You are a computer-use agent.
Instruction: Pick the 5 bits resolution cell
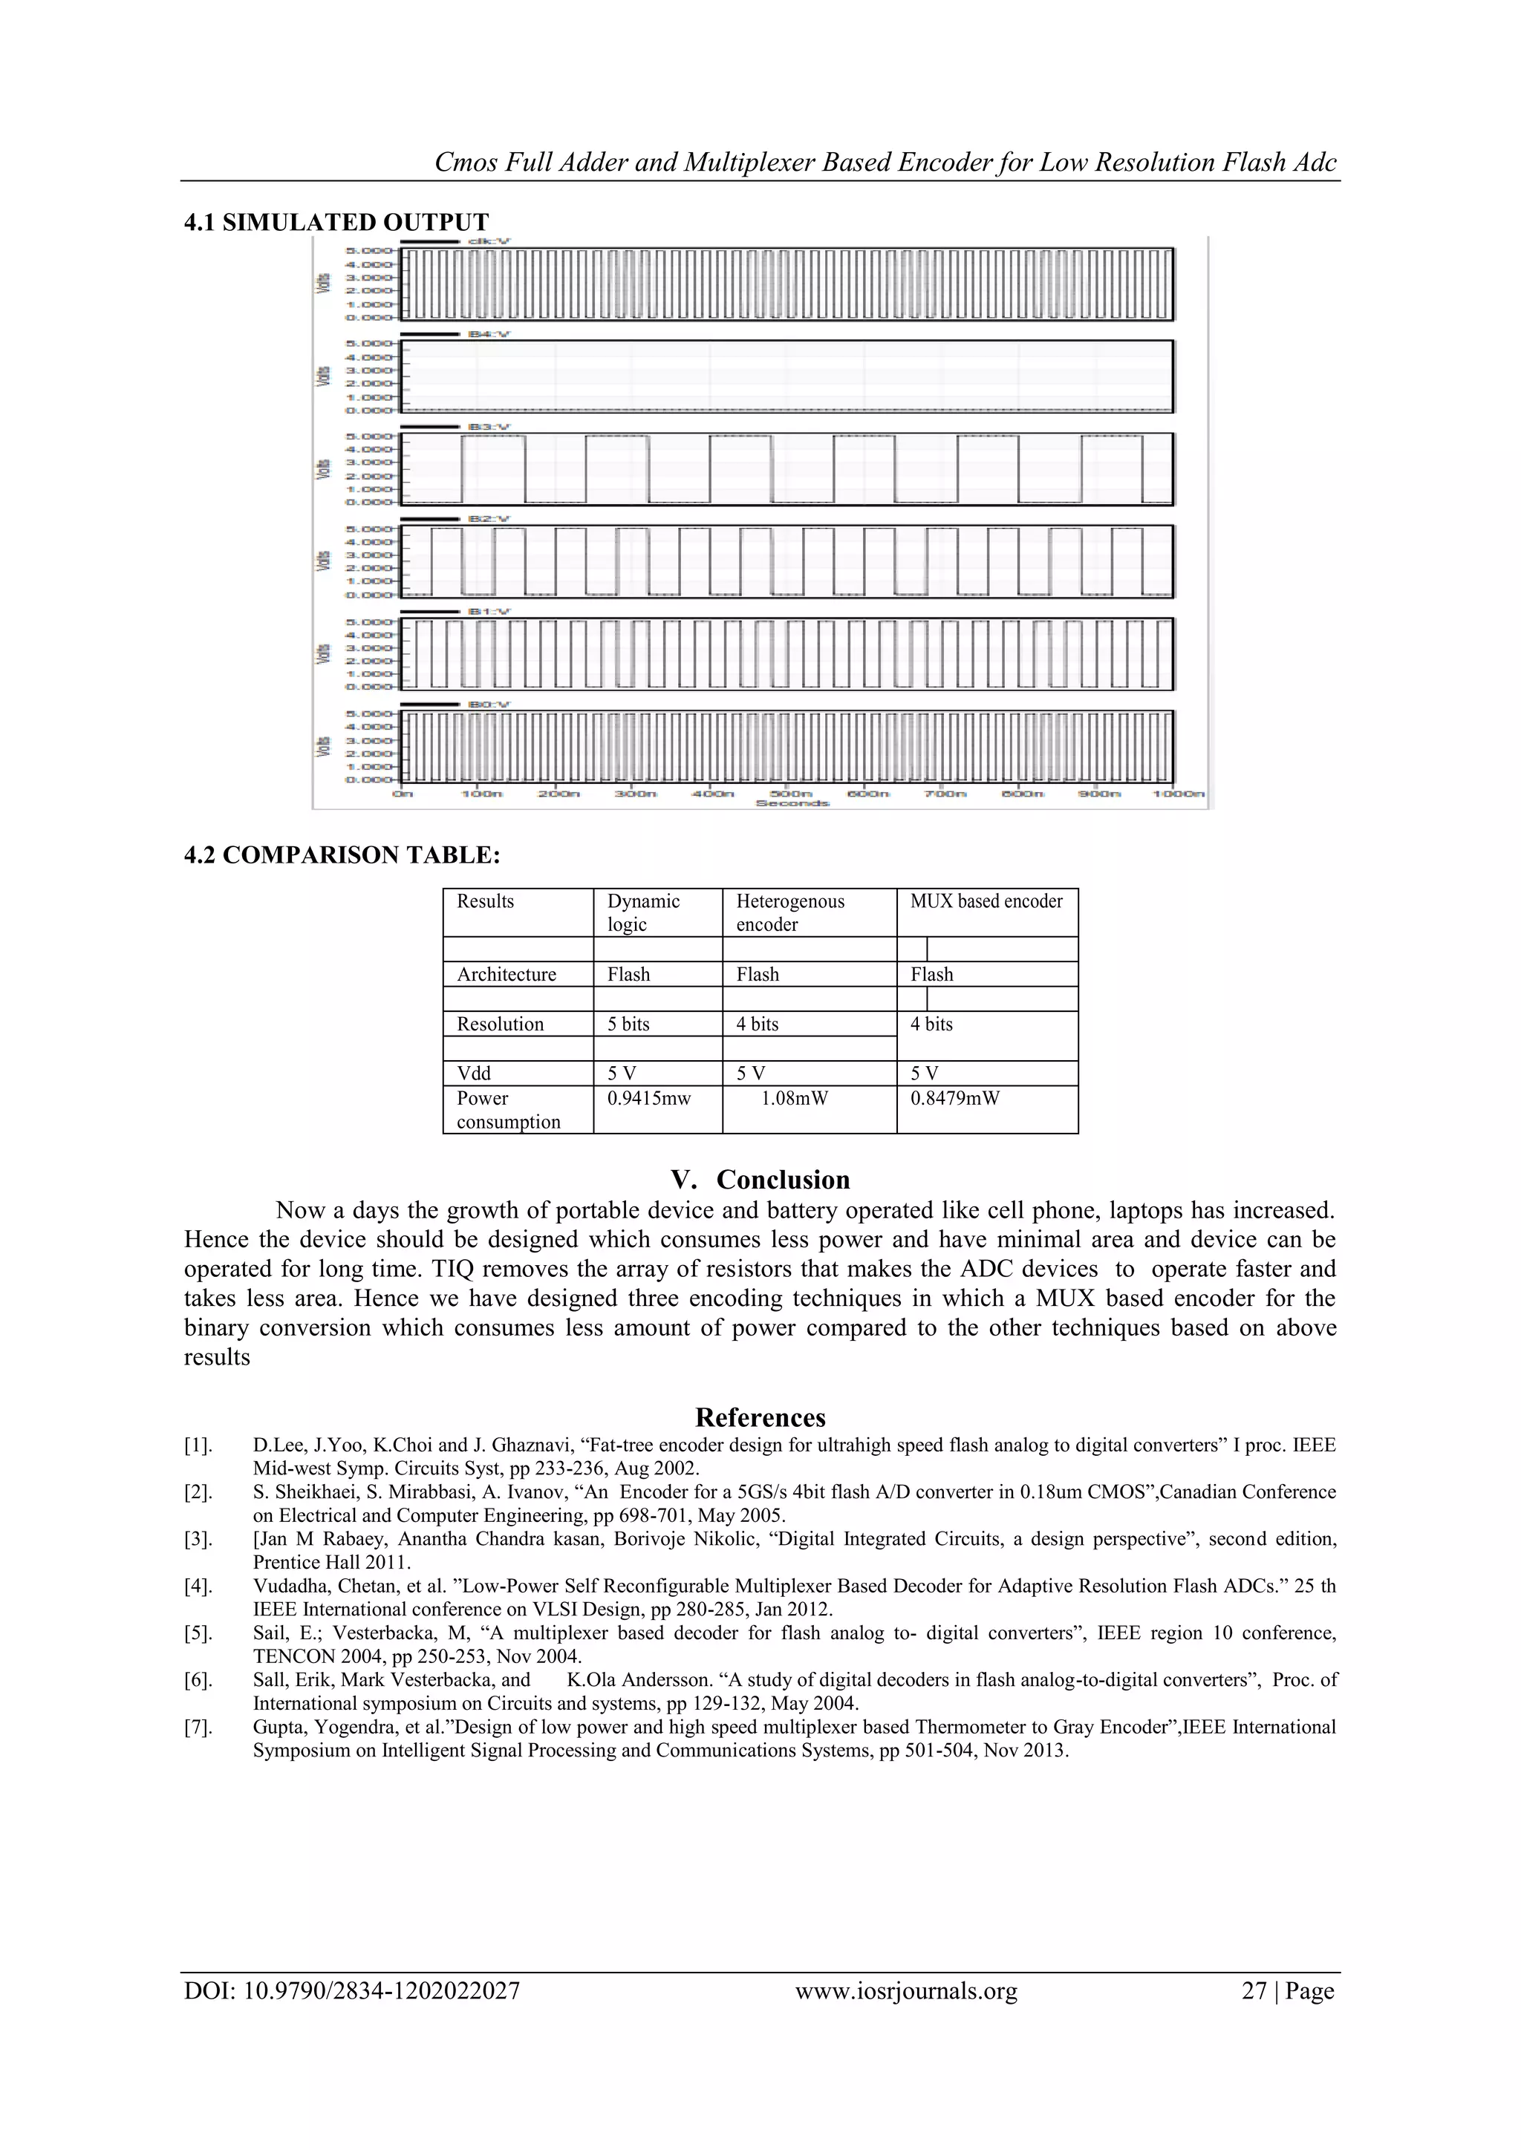tap(628, 1024)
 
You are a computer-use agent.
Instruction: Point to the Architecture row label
tap(506, 974)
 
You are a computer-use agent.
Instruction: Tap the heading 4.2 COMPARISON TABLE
tap(342, 855)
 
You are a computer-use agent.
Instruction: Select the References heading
tap(760, 1417)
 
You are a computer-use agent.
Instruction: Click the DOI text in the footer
tap(351, 1991)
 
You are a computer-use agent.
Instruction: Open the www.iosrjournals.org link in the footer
tap(905, 1991)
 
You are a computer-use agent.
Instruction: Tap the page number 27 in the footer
tap(1254, 1991)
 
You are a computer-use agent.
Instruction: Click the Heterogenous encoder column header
tap(789, 912)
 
